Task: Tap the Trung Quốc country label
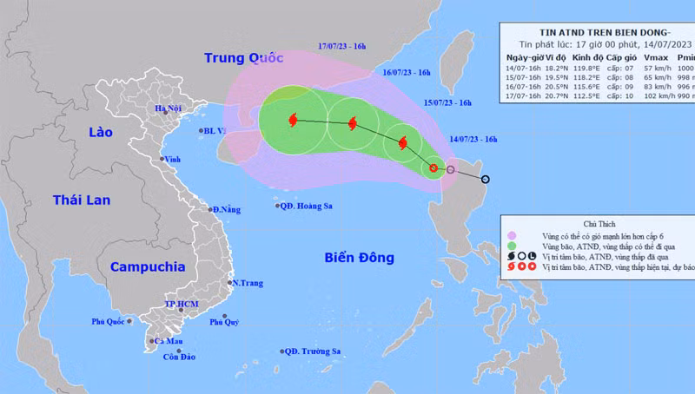[244, 58]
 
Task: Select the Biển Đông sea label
[359, 258]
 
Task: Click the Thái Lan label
[82, 200]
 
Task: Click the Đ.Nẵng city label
[227, 209]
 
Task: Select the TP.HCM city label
[182, 305]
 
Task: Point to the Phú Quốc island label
[109, 322]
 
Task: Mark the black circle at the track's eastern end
[485, 181]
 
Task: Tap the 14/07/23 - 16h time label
[473, 139]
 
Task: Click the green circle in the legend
[513, 246]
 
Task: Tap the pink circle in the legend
[513, 234]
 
